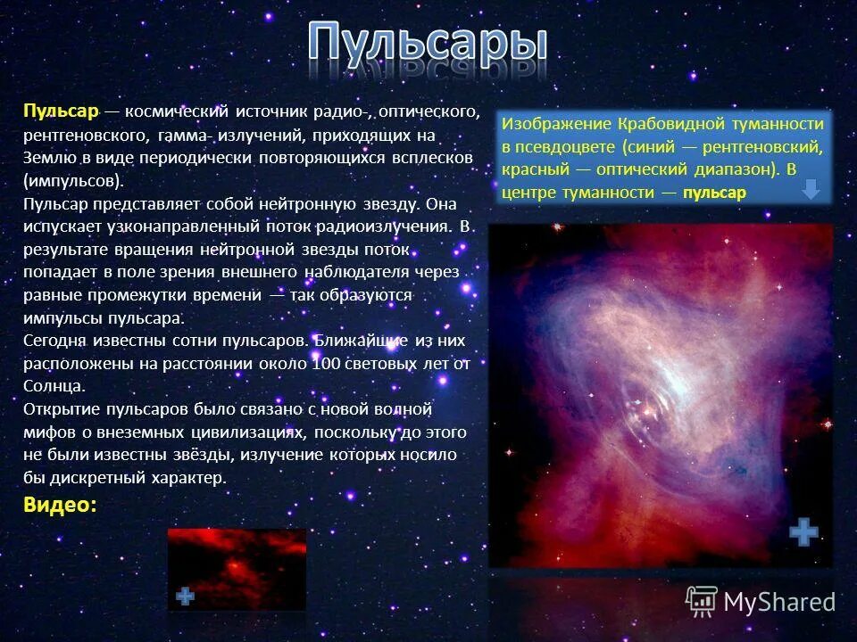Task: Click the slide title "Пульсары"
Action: [x=428, y=50]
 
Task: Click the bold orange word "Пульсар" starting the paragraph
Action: [x=60, y=111]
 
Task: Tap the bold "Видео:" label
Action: [x=60, y=505]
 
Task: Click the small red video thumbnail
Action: [x=237, y=569]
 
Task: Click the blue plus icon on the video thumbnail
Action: [x=185, y=597]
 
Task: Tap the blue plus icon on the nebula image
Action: [x=803, y=532]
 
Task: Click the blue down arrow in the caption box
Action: [x=811, y=189]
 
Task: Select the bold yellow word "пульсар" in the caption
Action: [x=713, y=193]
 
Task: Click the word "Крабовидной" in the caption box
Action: [x=663, y=123]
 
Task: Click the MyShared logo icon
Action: [x=701, y=602]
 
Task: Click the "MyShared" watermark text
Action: [x=779, y=603]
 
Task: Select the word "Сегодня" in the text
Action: [x=56, y=341]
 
